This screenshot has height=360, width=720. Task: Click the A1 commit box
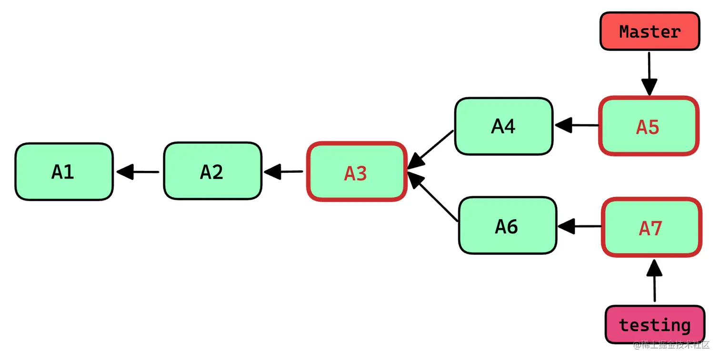[x=64, y=171]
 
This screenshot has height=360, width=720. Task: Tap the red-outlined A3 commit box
[x=357, y=172]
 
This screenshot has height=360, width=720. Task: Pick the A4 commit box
[x=504, y=126]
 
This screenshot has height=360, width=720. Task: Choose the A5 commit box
[x=648, y=126]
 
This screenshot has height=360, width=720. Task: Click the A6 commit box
[x=507, y=226]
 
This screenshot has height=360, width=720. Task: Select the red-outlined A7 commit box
[x=651, y=228]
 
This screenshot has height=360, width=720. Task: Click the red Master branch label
[x=650, y=31]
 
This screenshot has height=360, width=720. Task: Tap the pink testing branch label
[x=655, y=324]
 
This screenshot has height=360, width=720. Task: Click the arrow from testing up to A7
[x=655, y=281]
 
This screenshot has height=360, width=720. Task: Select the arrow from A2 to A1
[x=138, y=171]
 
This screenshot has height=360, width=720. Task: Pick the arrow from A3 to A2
[x=284, y=171]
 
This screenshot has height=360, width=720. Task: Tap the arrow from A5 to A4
[x=576, y=126]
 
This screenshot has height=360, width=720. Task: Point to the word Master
[x=650, y=31]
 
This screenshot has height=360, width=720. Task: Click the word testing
[x=655, y=325]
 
